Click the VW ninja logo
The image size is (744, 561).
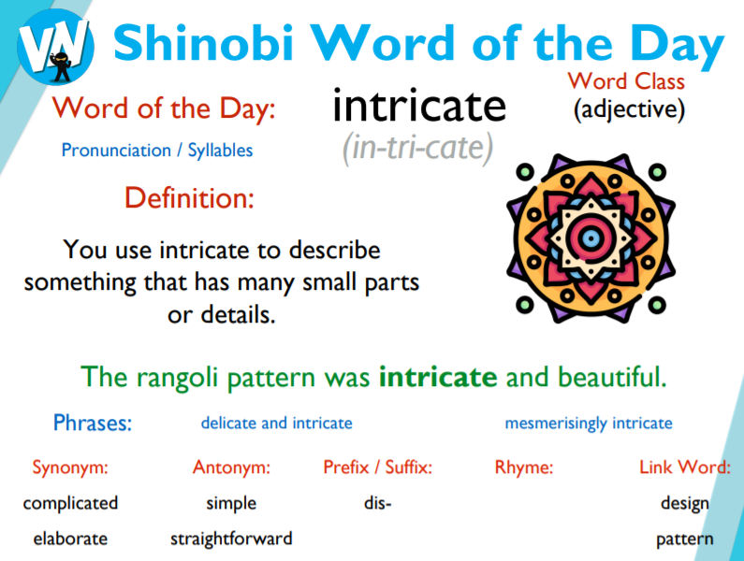pyautogui.click(x=55, y=42)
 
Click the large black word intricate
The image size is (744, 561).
pyautogui.click(x=418, y=108)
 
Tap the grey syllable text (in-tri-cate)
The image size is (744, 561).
pyautogui.click(x=418, y=149)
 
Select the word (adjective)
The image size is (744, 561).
pyautogui.click(x=629, y=110)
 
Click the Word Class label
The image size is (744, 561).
pyautogui.click(x=626, y=80)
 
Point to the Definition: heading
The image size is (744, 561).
pyautogui.click(x=188, y=198)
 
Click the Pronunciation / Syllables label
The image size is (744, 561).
pyautogui.click(x=156, y=150)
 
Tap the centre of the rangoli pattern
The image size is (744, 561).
pyautogui.click(x=589, y=237)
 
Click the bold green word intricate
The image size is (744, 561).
pyautogui.click(x=438, y=378)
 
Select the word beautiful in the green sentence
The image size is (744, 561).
pyautogui.click(x=612, y=378)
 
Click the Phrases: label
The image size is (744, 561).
pyautogui.click(x=93, y=423)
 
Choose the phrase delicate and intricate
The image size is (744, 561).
pyautogui.click(x=276, y=424)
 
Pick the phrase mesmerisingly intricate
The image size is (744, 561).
pyautogui.click(x=588, y=424)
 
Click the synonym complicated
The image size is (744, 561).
pyautogui.click(x=70, y=503)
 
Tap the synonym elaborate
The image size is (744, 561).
pyautogui.click(x=70, y=539)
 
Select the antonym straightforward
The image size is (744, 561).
pyautogui.click(x=231, y=539)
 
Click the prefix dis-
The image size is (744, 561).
pyautogui.click(x=377, y=503)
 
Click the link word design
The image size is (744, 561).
pyautogui.click(x=684, y=503)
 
